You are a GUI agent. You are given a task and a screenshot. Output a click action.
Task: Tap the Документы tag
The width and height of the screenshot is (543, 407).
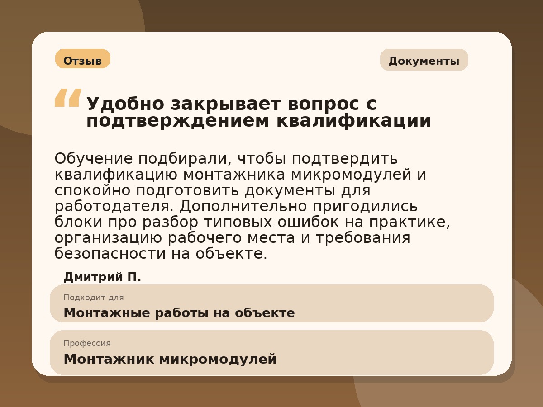coord(424,60)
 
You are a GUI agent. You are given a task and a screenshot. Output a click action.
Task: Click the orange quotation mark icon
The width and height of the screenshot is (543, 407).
coord(68,98)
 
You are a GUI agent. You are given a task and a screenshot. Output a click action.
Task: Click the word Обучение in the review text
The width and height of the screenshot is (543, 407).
coord(94,159)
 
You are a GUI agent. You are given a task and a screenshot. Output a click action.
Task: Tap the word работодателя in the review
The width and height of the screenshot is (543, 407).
coord(114,206)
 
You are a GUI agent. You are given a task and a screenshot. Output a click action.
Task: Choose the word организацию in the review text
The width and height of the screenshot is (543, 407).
coord(108,238)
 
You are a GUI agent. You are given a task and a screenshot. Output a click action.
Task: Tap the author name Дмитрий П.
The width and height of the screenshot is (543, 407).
coord(102,277)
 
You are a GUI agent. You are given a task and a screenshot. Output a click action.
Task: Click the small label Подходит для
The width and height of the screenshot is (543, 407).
coord(94,298)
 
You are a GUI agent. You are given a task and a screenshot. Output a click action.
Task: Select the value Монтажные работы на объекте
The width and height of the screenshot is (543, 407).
coord(179,313)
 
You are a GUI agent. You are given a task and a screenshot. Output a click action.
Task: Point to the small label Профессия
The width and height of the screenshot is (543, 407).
coord(87,343)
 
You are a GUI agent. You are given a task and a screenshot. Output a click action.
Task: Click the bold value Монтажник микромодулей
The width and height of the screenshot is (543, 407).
coord(170,359)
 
